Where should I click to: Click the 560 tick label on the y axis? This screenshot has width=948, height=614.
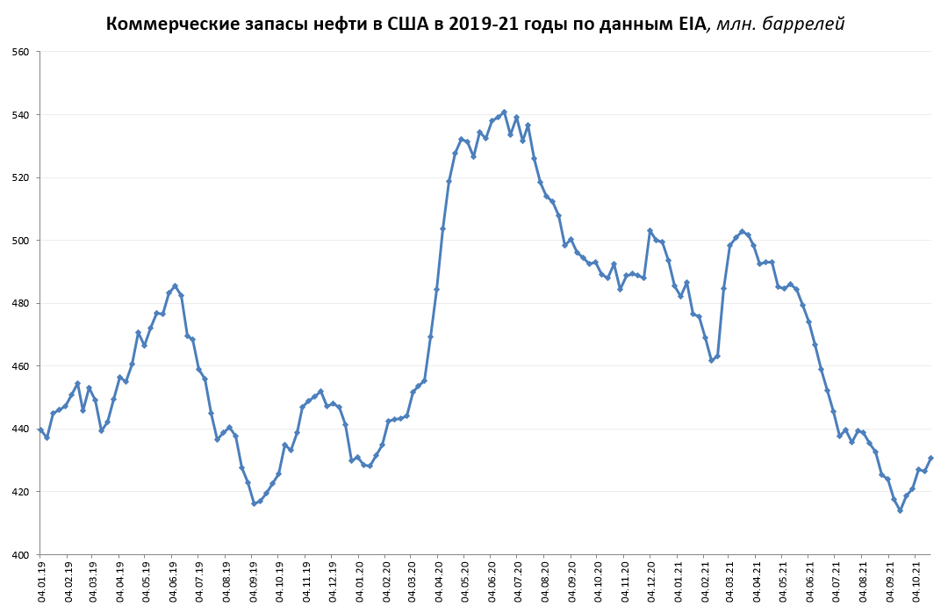(20, 52)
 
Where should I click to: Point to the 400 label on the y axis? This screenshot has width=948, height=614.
(20, 554)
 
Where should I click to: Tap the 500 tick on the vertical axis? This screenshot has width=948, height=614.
(20, 241)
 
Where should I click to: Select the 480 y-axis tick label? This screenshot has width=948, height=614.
(20, 303)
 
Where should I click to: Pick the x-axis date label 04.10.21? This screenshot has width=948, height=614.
(916, 581)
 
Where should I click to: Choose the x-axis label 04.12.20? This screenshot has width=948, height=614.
(652, 581)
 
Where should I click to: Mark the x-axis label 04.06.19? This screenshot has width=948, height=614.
(175, 581)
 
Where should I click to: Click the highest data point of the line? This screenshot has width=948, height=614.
(504, 112)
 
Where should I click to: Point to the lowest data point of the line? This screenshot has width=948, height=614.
(900, 510)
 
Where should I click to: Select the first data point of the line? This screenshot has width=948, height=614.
(40, 430)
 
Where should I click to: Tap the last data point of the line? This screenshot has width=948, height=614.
(930, 458)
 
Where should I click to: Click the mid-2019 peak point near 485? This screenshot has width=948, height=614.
(175, 285)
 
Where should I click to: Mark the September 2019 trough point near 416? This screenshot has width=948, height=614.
(254, 503)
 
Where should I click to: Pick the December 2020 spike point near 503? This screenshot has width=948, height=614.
(650, 231)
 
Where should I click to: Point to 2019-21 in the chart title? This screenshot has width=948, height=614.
(482, 24)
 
